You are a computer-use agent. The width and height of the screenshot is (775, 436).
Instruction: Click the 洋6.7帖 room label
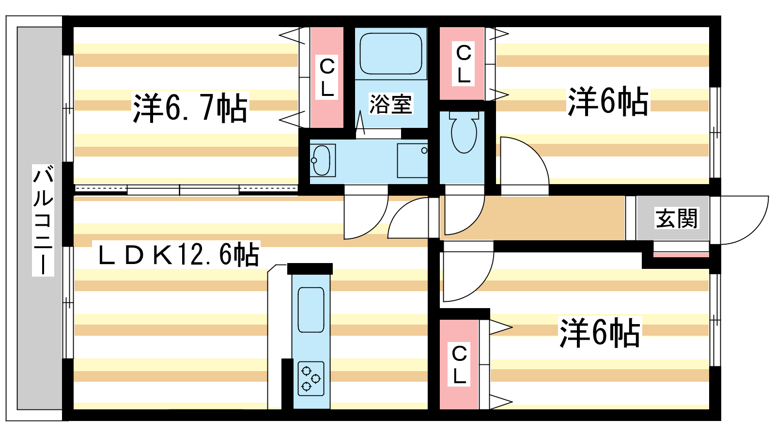tap(190, 108)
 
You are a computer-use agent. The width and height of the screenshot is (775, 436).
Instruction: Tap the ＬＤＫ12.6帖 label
tap(178, 255)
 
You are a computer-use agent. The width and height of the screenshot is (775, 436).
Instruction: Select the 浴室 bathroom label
tap(390, 104)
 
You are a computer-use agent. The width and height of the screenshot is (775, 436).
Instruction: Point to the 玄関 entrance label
tap(676, 218)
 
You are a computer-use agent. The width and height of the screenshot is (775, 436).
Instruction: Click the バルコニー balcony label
tap(43, 220)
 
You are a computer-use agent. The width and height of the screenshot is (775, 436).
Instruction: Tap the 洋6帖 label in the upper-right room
tap(607, 102)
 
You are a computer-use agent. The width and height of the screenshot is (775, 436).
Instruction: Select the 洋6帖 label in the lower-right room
tap(600, 333)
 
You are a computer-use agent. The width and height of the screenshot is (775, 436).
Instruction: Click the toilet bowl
tap(464, 133)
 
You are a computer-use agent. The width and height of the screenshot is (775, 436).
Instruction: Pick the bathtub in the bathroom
tap(390, 54)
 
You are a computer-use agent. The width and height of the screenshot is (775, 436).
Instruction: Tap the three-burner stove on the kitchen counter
tap(310, 378)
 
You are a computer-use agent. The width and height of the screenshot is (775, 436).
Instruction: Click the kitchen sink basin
tap(310, 310)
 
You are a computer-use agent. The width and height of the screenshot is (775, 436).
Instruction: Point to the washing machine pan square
tap(412, 160)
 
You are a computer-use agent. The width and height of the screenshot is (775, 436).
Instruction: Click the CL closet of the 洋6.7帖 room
tap(327, 78)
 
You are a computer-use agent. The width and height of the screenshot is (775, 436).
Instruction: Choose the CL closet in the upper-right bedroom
tap(463, 63)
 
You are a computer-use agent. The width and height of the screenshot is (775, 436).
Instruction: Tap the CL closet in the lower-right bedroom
tap(459, 364)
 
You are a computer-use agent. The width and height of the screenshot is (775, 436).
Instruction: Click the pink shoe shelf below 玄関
tap(681, 254)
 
